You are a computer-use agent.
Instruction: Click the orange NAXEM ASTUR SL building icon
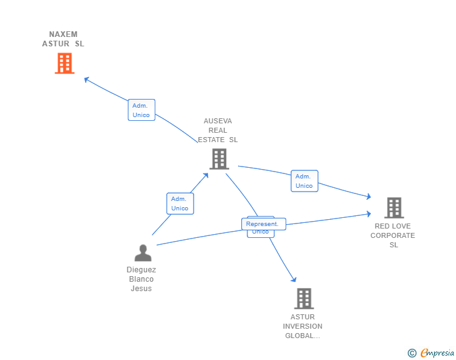[65, 63]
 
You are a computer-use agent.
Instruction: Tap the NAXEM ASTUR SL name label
[63, 39]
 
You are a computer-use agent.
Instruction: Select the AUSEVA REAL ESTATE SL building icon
[219, 159]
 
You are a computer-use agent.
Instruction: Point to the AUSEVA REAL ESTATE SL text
[218, 130]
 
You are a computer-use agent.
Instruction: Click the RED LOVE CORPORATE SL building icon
[393, 208]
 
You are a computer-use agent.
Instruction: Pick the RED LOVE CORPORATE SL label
[393, 235]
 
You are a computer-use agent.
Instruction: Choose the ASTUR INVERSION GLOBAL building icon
[303, 299]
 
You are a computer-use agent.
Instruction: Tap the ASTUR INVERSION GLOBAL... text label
[303, 326]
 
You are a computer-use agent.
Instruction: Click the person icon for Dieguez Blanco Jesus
[143, 253]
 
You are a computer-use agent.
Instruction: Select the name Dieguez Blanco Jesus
[142, 279]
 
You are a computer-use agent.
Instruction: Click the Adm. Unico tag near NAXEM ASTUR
[141, 110]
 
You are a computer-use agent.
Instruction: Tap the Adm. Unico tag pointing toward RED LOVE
[304, 181]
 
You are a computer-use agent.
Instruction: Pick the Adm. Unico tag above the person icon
[180, 203]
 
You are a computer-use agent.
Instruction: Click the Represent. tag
[263, 224]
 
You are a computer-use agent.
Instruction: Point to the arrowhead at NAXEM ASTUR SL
[86, 79]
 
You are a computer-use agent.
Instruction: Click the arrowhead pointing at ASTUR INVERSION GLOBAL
[293, 279]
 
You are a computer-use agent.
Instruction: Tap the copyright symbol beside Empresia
[412, 354]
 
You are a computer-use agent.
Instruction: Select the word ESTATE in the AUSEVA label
[212, 140]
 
